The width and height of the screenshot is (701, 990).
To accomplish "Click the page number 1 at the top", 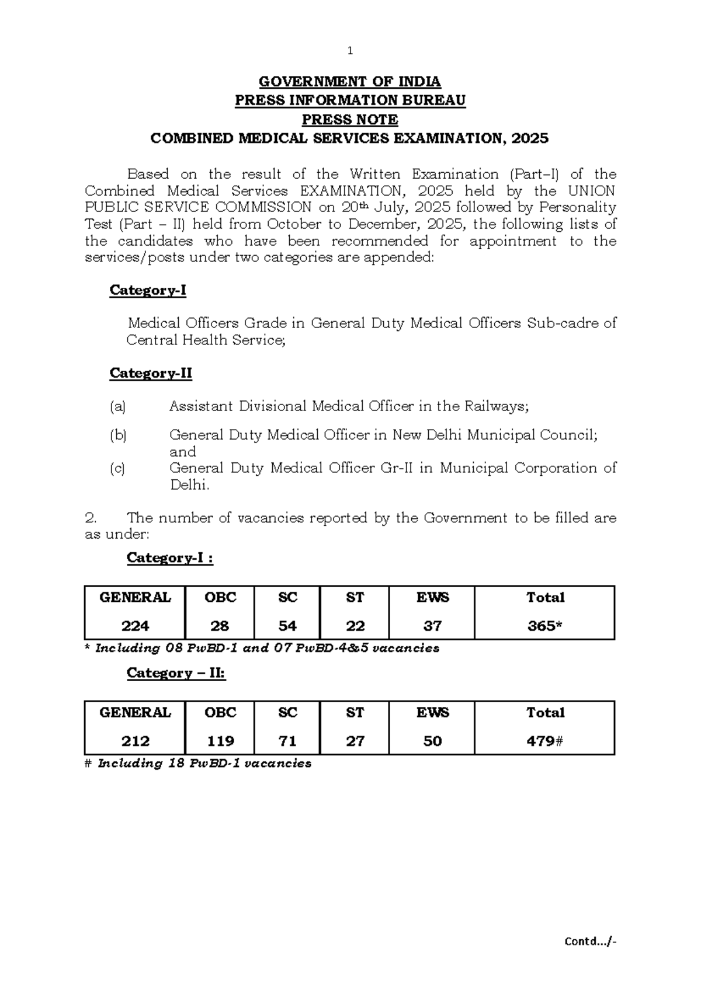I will pos(350,51).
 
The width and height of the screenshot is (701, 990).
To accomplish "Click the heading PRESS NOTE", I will pos(350,120).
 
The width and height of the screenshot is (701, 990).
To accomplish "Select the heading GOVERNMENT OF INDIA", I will pos(350,81).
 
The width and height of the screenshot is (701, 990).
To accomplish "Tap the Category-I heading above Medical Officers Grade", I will pos(148,290).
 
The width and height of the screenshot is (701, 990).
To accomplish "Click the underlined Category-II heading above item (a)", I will pos(151,373).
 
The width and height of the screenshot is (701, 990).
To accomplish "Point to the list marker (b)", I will pos(117,435).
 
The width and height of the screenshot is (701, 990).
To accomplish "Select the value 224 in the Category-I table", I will pos(135,626).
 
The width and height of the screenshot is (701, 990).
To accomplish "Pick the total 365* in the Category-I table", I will pos(544,626).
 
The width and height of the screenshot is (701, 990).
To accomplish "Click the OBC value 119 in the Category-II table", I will pos(220,741).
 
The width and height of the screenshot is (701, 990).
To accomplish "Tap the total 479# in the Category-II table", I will pos(544,741).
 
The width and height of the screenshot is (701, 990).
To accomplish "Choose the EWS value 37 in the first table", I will pos(432,626).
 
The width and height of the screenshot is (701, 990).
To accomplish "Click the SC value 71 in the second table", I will pos(287,741).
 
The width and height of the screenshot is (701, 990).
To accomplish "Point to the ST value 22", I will pos(355,626).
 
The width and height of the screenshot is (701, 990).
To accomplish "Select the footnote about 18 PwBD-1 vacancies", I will pos(199,763).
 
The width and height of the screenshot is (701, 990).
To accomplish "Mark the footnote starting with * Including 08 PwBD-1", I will pos(262,648).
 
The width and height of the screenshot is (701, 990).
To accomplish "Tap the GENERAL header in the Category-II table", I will pos(135,712).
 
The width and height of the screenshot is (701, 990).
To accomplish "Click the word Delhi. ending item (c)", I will pos(189,485).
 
